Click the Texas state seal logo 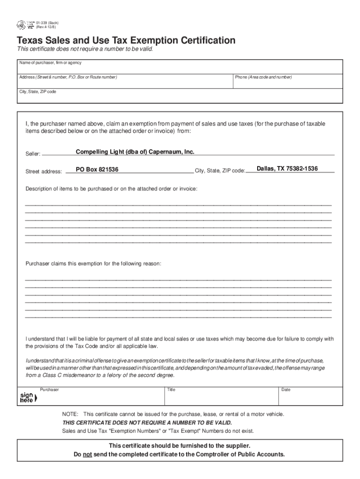pyautogui.click(x=21, y=25)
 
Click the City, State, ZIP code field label pyautogui.click(x=37, y=92)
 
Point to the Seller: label pyautogui.click(x=33, y=154)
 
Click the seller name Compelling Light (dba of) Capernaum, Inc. pyautogui.click(x=135, y=152)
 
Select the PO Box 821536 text pyautogui.click(x=97, y=169)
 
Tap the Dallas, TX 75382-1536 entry pyautogui.click(x=287, y=168)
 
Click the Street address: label pyautogui.click(x=43, y=172)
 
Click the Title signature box pyautogui.click(x=221, y=396)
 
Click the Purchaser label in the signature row pyautogui.click(x=49, y=390)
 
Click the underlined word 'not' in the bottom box pyautogui.click(x=87, y=454)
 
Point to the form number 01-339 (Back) pyautogui.click(x=47, y=22)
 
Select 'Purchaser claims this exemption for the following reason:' pyautogui.click(x=94, y=264)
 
